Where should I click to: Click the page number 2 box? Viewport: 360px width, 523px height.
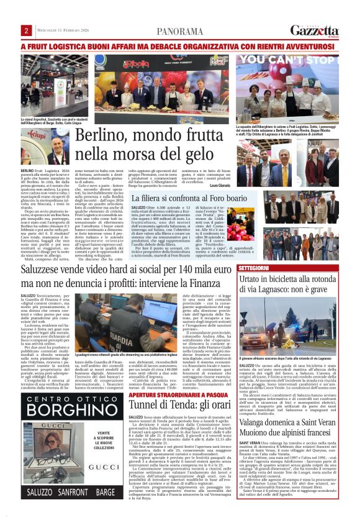26,31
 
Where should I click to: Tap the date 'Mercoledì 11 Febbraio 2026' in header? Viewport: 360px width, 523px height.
60,31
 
